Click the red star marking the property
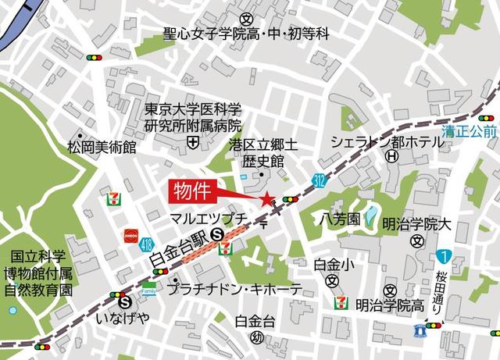pyautogui.click(x=267, y=200)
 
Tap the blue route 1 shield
pyautogui.click(x=444, y=255)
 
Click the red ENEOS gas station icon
pyautogui.click(x=130, y=234)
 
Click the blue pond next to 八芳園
pyautogui.click(x=371, y=213)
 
